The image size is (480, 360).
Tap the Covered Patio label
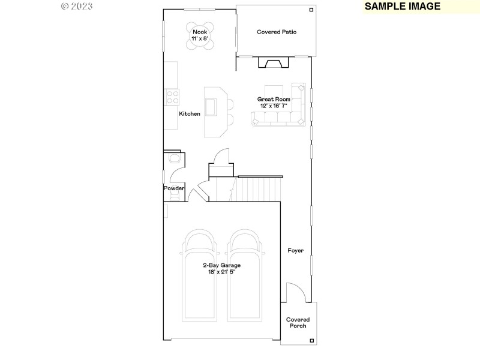(x=277, y=32)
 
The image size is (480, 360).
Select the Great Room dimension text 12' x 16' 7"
(x=274, y=106)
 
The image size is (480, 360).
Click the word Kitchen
(x=190, y=113)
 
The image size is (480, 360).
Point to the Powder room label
(x=174, y=188)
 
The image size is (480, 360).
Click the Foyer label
(x=295, y=250)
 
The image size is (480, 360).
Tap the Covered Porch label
(x=298, y=323)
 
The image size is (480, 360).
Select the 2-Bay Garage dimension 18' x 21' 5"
(x=221, y=272)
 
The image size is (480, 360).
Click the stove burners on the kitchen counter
(x=172, y=97)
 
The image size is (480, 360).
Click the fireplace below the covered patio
(x=273, y=63)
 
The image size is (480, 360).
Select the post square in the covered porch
(x=311, y=340)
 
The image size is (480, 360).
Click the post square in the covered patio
(x=311, y=10)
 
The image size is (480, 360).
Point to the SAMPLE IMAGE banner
(x=402, y=7)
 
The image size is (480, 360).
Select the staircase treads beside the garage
(x=257, y=189)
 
